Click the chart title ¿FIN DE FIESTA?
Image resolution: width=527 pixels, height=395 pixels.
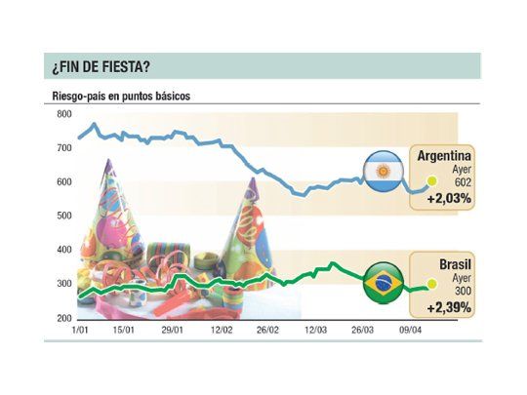pyautogui.click(x=101, y=67)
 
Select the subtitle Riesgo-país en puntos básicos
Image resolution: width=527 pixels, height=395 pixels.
pyautogui.click(x=121, y=98)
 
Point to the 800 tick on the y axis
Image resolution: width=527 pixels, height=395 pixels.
pyautogui.click(x=63, y=114)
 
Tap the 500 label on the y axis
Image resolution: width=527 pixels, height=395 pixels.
pyautogui.click(x=63, y=217)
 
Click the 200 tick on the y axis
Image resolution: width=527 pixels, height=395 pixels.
pyautogui.click(x=63, y=319)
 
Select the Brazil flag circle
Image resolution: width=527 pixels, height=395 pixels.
pyautogui.click(x=383, y=283)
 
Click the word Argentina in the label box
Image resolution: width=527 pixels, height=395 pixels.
pyautogui.click(x=445, y=155)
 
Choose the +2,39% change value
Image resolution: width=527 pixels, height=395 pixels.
pyautogui.click(x=449, y=307)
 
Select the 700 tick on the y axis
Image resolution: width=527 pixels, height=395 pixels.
pyautogui.click(x=63, y=148)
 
